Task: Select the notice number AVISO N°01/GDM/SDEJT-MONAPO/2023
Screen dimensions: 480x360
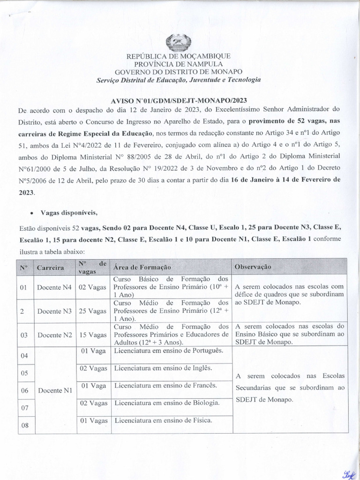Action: click(x=179, y=100)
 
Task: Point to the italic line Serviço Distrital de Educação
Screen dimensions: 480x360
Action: click(x=179, y=80)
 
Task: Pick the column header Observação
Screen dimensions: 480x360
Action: click(x=253, y=266)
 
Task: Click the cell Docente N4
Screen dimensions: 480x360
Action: click(x=54, y=287)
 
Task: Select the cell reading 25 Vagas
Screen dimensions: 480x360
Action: click(x=92, y=311)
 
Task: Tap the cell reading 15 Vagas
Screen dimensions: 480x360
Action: click(x=92, y=335)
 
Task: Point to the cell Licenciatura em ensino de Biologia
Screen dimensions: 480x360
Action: click(x=166, y=403)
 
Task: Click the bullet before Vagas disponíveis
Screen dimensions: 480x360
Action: click(x=31, y=213)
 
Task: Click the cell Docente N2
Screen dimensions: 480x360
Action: click(x=54, y=335)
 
